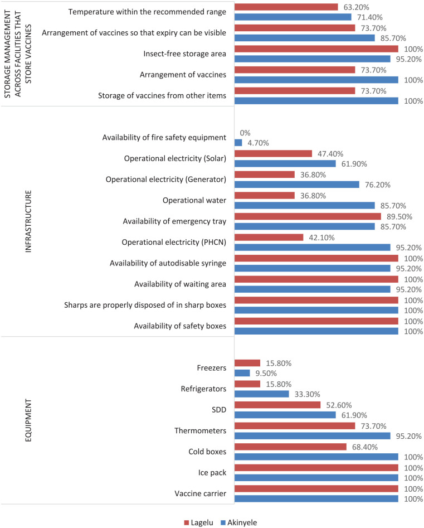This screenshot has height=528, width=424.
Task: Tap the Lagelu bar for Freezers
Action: click(x=247, y=363)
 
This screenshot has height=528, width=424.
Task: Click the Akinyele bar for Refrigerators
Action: click(x=262, y=394)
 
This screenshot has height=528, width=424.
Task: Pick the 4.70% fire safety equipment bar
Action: click(x=238, y=143)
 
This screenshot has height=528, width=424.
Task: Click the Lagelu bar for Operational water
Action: click(x=265, y=195)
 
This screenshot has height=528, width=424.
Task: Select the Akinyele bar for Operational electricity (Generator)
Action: click(x=297, y=185)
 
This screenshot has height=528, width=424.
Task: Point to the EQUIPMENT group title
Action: click(x=29, y=428)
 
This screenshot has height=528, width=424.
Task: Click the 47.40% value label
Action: click(x=329, y=153)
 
